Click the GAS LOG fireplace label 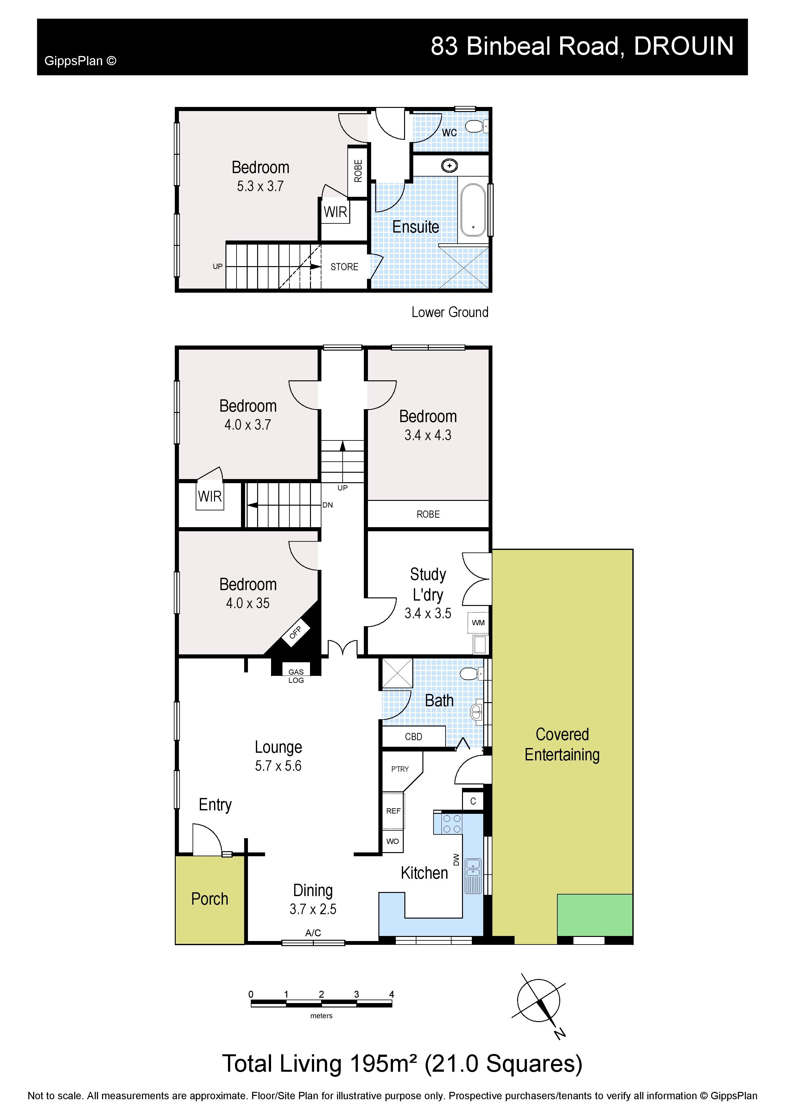point(296,676)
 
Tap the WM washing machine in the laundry point(478,623)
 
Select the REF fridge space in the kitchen point(393,811)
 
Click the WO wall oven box point(393,841)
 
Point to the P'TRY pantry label point(400,769)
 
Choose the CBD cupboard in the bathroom point(414,737)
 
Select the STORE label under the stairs point(345,267)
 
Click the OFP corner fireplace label point(295,632)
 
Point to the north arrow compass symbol point(539,1001)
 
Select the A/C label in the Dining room point(313,932)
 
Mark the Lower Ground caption point(450,312)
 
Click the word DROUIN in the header point(684,47)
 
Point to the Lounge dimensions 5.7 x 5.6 point(278,766)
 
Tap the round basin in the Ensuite point(450,166)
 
